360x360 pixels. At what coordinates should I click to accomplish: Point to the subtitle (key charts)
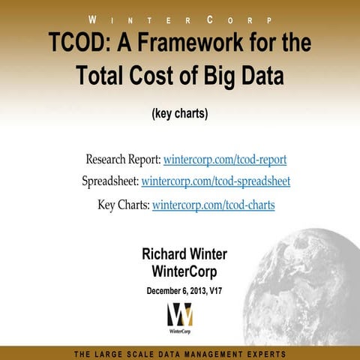click(x=179, y=114)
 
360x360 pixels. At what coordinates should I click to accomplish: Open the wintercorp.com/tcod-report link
click(x=225, y=160)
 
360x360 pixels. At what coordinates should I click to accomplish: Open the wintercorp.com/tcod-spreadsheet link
click(x=216, y=181)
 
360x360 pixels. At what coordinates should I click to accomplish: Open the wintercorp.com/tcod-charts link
click(x=213, y=204)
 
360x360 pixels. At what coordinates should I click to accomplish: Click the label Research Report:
click(x=122, y=160)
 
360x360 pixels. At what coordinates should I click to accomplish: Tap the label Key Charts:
click(x=123, y=204)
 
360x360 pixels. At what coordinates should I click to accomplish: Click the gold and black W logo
click(x=180, y=313)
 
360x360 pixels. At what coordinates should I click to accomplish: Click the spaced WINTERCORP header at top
click(x=180, y=18)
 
